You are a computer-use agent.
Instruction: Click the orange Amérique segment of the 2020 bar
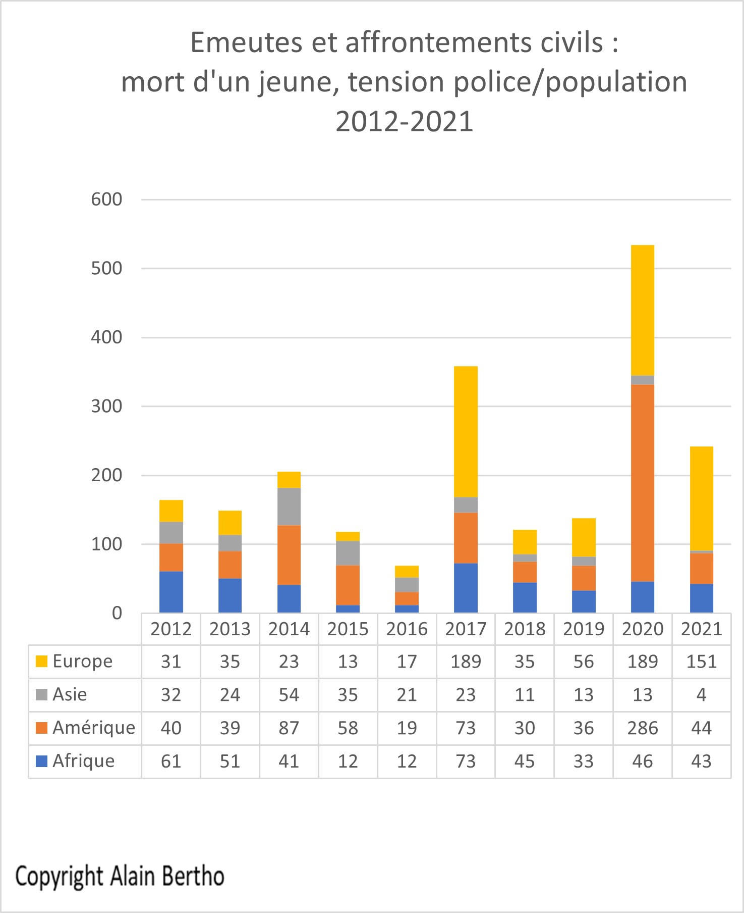point(643,483)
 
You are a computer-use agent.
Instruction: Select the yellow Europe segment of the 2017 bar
point(466,432)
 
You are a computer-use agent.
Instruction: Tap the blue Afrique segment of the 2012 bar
point(171,592)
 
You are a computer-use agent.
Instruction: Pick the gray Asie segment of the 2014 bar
point(289,506)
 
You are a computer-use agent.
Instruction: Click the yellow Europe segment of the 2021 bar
point(701,498)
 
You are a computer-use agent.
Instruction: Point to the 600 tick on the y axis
point(106,199)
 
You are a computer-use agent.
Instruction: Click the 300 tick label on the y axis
point(106,406)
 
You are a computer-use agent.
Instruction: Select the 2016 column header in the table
point(407,629)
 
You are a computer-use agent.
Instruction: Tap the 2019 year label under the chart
point(583,629)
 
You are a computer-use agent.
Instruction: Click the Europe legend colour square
point(42,661)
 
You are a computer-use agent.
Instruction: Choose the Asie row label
point(70,694)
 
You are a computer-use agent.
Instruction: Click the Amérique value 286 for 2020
point(643,728)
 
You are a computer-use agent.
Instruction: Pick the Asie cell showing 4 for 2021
point(701,694)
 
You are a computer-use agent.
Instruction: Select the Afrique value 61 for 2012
point(171,761)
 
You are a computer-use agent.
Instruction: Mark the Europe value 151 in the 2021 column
point(701,661)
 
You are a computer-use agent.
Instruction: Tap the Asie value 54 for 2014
point(289,694)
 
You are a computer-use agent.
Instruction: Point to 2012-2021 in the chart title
point(405,122)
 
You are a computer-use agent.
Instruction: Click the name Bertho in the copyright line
point(195,876)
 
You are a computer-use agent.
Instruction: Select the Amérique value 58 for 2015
point(348,728)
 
